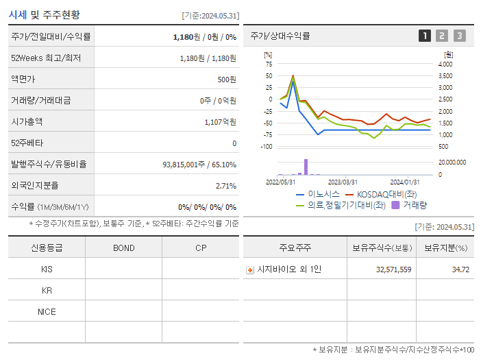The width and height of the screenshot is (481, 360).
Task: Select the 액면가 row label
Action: click(23, 80)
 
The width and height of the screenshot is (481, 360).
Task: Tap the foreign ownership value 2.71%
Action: click(225, 186)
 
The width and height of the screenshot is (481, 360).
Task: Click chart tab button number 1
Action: click(425, 36)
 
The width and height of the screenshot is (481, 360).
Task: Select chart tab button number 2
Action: click(442, 36)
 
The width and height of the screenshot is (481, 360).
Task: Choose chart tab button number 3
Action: click(459, 36)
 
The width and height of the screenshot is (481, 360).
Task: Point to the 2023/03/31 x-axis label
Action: click(343, 182)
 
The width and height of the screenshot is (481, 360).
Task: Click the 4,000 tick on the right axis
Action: click(445, 64)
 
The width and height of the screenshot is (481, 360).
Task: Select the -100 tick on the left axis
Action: click(267, 147)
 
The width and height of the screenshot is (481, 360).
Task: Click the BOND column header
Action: click(123, 248)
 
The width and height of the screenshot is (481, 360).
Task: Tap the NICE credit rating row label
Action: click(47, 312)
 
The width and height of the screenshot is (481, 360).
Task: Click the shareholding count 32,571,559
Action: click(393, 269)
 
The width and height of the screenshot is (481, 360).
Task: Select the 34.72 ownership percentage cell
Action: click(460, 269)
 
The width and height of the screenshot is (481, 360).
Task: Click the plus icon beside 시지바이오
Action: click(250, 270)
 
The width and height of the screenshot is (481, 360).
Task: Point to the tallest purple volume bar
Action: click(306, 167)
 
